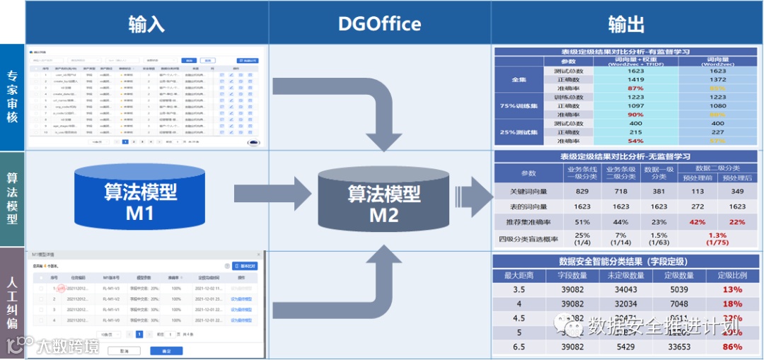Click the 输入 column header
click(146, 23)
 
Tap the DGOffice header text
click(379, 23)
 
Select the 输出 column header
click(626, 23)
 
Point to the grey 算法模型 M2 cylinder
click(384, 202)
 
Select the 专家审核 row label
click(12, 98)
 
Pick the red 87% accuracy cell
click(635, 88)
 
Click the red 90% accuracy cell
click(635, 115)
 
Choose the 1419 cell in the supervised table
click(635, 80)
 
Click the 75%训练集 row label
click(519, 106)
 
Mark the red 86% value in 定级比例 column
click(732, 347)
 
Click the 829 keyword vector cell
click(582, 191)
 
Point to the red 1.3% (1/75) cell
click(717, 238)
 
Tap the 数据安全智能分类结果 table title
click(627, 261)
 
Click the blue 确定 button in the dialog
click(166, 351)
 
